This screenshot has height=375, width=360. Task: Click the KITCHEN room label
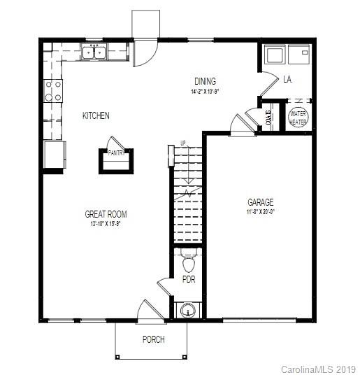click(96, 115)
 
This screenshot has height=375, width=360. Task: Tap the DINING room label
click(205, 81)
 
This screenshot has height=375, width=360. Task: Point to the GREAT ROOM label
click(106, 214)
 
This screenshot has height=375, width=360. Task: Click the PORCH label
click(153, 339)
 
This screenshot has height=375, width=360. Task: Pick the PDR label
click(188, 279)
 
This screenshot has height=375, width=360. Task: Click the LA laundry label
click(287, 80)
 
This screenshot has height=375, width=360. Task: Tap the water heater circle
click(298, 117)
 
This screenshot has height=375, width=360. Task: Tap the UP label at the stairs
click(183, 143)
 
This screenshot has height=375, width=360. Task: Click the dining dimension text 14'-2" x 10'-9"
click(205, 92)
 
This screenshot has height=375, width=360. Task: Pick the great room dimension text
click(106, 225)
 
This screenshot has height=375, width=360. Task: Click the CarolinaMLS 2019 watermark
click(318, 368)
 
